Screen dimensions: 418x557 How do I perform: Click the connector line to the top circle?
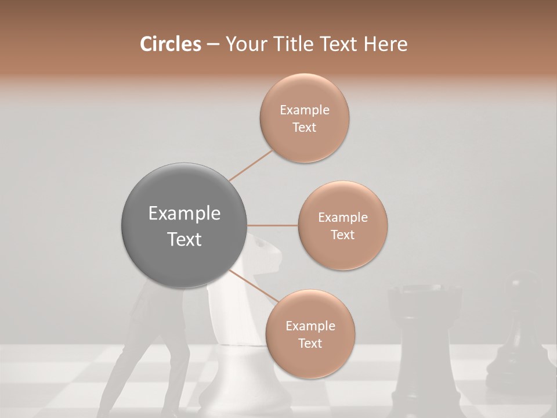tap(251, 164)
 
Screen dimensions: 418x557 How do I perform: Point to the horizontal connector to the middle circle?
tap(273, 225)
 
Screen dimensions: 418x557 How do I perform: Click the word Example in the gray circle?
tap(185, 214)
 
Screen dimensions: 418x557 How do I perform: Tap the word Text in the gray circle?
tap(185, 239)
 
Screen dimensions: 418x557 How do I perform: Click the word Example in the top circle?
tap(304, 110)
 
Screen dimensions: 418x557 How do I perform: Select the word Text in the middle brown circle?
tap(342, 235)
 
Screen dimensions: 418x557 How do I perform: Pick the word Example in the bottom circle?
tap(310, 326)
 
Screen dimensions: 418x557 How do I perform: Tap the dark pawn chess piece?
tap(513, 343)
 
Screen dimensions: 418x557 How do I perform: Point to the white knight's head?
tap(264, 255)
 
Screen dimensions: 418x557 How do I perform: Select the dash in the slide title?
tap(212, 44)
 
